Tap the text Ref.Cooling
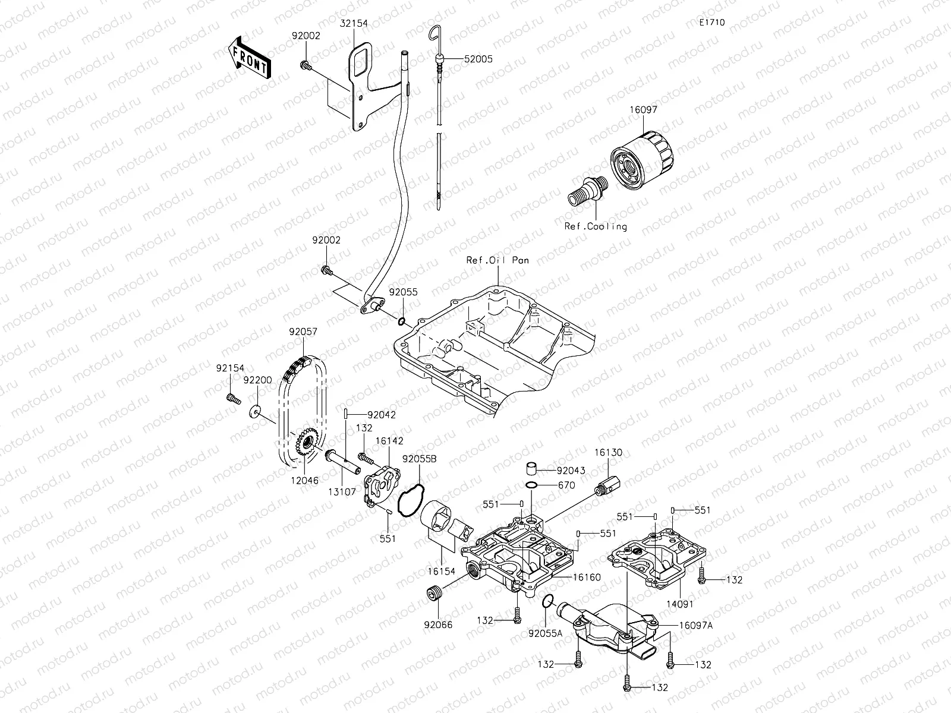point(596,226)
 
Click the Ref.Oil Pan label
point(498,260)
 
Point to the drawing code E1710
point(711,23)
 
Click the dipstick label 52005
point(478,59)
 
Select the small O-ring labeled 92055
point(402,321)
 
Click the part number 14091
point(680,604)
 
